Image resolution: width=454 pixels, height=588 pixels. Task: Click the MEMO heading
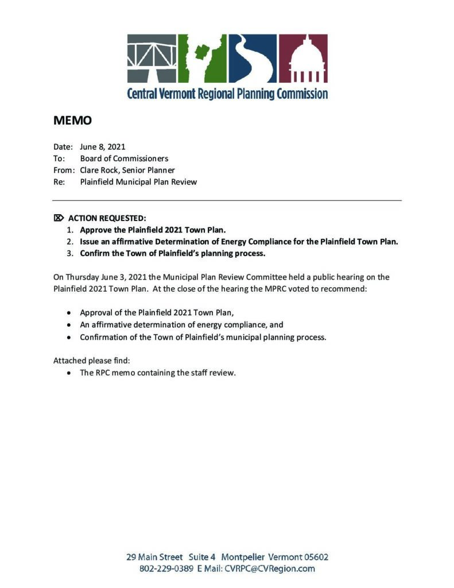point(72,121)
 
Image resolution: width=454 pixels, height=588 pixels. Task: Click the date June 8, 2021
point(103,147)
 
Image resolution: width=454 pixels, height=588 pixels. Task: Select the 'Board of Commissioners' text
point(124,158)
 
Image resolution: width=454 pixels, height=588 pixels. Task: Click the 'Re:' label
point(59,182)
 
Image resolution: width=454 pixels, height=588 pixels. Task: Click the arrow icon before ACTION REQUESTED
point(58,218)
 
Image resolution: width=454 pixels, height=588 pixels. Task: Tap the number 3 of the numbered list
point(70,253)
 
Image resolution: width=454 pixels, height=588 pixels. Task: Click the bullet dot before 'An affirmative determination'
point(69,325)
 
